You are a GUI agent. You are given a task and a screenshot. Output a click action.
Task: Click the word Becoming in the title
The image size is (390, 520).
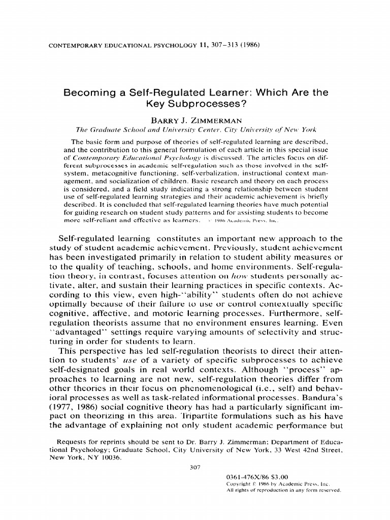[x=87, y=93]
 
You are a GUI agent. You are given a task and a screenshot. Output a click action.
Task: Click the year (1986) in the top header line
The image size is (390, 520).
[x=249, y=45]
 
